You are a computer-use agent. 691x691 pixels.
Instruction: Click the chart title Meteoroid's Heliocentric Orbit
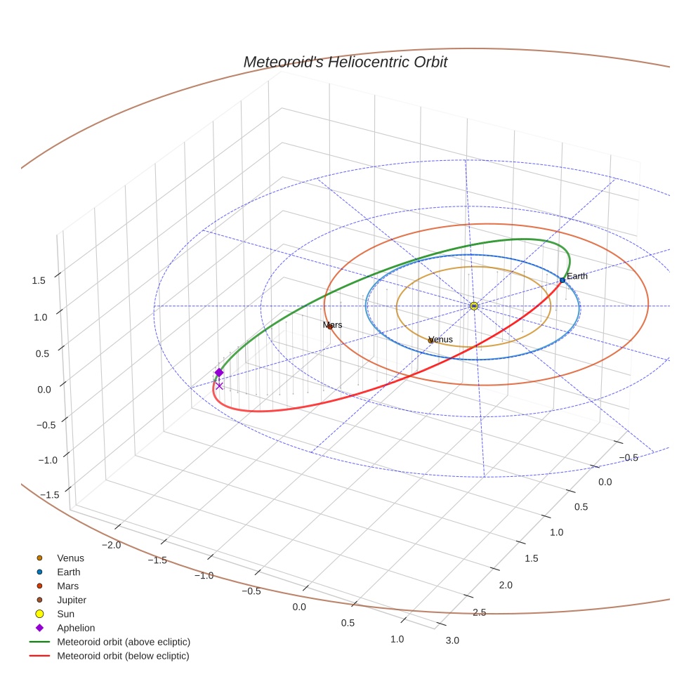click(345, 62)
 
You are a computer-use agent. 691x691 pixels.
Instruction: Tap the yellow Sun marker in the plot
click(474, 306)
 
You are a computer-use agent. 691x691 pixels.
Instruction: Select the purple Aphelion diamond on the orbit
click(219, 372)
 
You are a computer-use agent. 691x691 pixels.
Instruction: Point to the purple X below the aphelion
click(219, 386)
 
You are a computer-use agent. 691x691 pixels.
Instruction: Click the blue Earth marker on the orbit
click(562, 280)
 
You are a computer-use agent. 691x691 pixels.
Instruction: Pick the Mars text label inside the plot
click(332, 325)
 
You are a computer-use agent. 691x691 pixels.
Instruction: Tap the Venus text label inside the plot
click(440, 339)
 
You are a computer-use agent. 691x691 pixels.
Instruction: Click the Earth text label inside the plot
click(577, 276)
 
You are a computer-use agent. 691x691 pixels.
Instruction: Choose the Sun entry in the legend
click(65, 614)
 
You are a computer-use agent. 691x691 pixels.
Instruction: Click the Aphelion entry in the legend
click(76, 628)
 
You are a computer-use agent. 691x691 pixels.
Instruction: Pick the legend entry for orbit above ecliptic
click(124, 642)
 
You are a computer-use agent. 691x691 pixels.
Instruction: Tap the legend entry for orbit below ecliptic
click(123, 656)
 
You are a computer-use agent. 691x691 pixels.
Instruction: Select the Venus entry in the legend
click(70, 558)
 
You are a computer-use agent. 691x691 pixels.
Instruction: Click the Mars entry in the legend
click(67, 586)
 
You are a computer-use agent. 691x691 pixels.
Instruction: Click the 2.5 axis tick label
click(479, 612)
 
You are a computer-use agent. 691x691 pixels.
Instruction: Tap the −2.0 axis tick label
click(112, 545)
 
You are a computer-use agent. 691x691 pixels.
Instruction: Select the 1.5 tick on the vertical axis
click(39, 280)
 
